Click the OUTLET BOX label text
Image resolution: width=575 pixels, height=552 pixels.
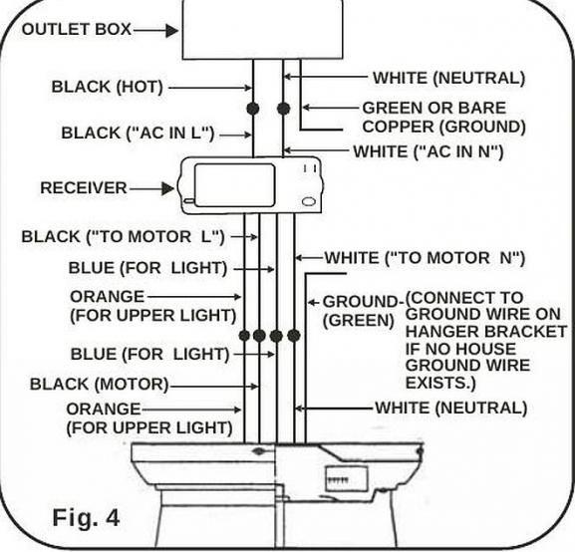[x=76, y=29]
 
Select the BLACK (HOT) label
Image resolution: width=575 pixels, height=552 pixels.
[x=107, y=87]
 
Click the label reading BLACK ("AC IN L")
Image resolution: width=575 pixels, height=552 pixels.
[x=139, y=133]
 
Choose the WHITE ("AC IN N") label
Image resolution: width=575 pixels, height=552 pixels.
[x=428, y=151]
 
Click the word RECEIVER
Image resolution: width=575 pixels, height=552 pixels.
[x=83, y=187]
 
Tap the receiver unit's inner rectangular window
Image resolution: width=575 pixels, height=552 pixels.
[x=234, y=184]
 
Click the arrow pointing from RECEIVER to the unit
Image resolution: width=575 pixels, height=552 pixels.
[x=152, y=187]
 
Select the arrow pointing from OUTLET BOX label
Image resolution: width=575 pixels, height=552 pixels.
[x=155, y=30]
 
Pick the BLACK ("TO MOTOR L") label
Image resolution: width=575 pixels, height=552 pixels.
[x=123, y=237]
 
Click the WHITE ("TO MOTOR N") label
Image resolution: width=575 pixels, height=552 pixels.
[x=425, y=258]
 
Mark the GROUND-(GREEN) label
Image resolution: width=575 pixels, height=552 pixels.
[x=362, y=311]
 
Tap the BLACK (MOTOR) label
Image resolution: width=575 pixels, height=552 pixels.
[x=99, y=384]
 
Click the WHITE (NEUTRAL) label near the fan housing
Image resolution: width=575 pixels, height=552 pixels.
[x=450, y=408]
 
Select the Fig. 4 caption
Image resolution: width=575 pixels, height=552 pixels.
[x=86, y=518]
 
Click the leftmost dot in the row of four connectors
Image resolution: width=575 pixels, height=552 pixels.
[x=244, y=336]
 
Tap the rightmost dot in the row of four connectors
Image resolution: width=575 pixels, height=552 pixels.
[x=294, y=336]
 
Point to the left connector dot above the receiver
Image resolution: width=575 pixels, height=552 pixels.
[x=253, y=107]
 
